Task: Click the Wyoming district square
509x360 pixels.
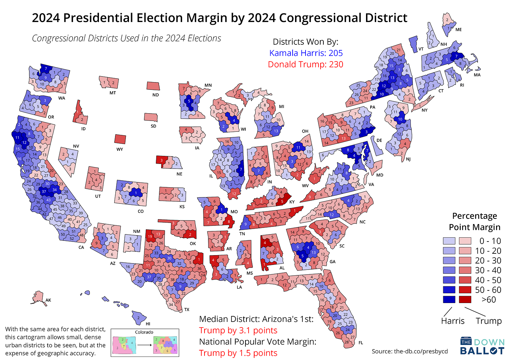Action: (x=120, y=139)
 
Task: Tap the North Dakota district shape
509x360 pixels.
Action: (x=153, y=86)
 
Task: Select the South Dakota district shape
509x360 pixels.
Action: (x=151, y=117)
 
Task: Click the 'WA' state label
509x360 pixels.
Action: (x=62, y=98)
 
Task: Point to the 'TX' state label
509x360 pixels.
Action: (x=187, y=310)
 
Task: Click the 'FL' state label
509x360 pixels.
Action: (x=360, y=343)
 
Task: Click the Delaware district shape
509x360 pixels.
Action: (x=378, y=146)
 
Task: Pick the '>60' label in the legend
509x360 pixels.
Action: (x=488, y=300)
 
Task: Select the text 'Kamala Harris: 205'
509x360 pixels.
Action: (x=306, y=53)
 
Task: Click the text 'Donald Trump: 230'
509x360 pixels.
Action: (x=306, y=64)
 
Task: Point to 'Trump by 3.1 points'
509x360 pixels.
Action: (x=238, y=330)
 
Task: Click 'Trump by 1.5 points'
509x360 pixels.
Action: (x=238, y=353)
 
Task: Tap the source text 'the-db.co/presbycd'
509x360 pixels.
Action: (x=421, y=351)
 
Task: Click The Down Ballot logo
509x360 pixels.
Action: (x=482, y=346)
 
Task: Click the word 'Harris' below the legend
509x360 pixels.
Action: (x=453, y=321)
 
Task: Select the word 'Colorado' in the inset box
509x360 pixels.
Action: (x=144, y=332)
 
